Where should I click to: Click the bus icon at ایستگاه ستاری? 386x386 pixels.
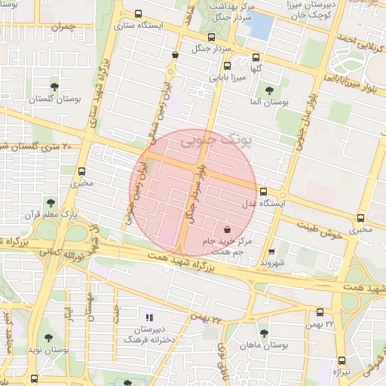coord(137,14)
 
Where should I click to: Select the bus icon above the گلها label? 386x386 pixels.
coord(256,57)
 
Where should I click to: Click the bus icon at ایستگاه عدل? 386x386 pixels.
coord(262,191)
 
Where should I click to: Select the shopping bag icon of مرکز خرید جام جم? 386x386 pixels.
coord(228,228)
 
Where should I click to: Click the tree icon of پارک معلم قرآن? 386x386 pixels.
coord(50,202)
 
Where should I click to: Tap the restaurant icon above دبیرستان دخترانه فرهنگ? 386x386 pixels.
coord(149,317)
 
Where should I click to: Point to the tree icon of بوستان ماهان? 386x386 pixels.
coord(263,332)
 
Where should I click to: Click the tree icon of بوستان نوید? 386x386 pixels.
coord(49,339)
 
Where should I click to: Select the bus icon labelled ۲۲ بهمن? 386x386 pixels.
coord(320,312)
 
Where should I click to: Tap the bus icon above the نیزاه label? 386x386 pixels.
coord(342,360)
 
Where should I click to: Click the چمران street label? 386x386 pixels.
coord(64,27)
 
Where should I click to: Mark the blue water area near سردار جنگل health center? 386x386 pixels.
coord(259,27)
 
